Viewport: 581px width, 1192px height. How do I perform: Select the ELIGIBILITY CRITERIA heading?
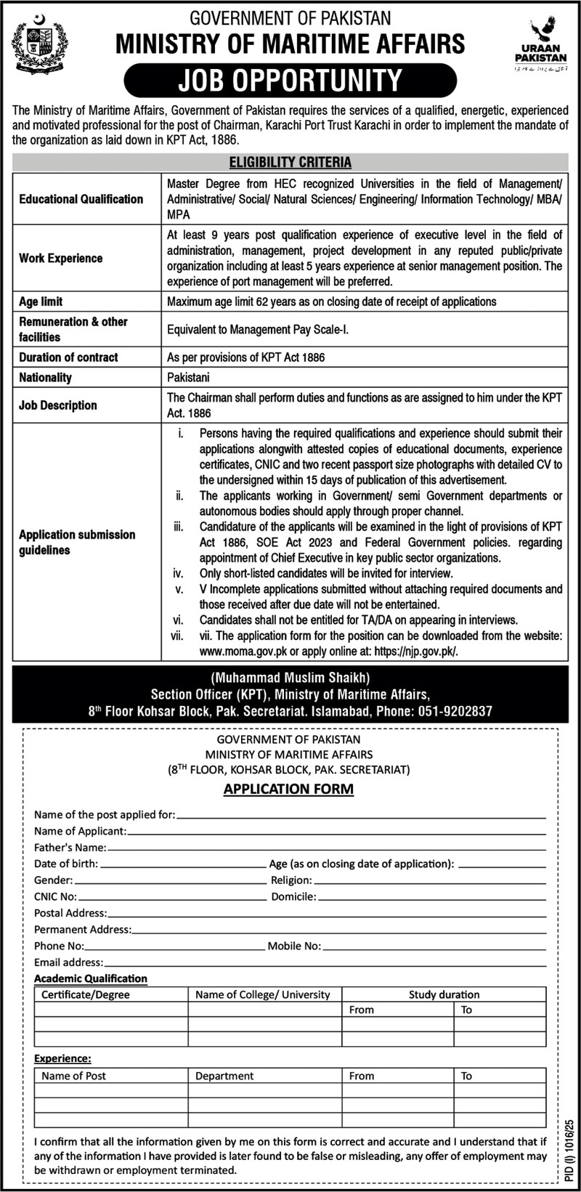[290, 162]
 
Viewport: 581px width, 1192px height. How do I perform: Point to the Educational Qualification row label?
[81, 199]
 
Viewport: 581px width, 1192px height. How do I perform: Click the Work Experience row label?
[61, 258]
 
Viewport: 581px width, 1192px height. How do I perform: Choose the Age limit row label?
[41, 301]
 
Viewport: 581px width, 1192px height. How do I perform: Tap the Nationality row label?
[46, 378]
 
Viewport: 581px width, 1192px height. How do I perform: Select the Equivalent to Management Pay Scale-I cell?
[258, 329]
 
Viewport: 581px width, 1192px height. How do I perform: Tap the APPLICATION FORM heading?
[289, 788]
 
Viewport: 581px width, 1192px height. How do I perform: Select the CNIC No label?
[55, 897]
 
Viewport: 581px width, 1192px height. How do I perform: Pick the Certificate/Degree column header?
[86, 994]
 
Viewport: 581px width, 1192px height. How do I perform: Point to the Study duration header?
[444, 994]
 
